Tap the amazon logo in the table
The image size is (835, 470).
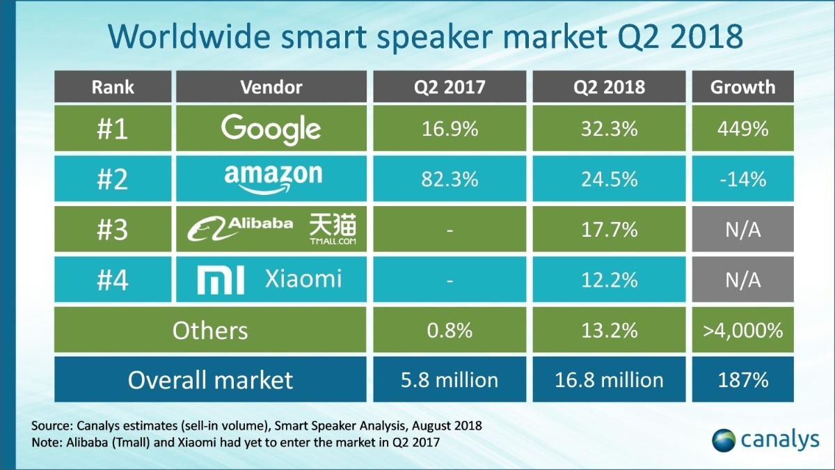273,178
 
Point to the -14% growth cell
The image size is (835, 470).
743,179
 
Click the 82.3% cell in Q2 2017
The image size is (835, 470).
450,179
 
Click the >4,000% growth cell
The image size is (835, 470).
743,330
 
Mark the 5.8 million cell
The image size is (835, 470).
450,380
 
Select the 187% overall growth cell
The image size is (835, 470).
743,380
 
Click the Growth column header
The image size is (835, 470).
743,86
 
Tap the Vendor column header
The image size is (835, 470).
271,86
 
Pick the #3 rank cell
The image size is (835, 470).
112,230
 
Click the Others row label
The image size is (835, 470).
210,330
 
